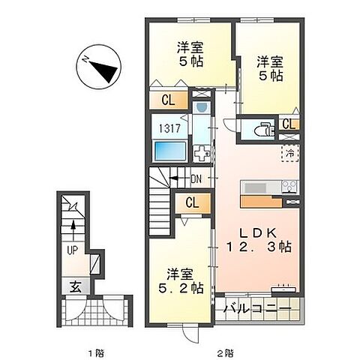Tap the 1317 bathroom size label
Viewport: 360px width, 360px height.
click(x=168, y=127)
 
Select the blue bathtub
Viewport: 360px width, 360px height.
click(x=170, y=151)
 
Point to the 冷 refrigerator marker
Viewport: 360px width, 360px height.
click(x=289, y=152)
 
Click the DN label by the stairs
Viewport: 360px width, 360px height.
click(x=196, y=178)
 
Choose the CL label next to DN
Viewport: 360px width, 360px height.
click(x=192, y=202)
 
